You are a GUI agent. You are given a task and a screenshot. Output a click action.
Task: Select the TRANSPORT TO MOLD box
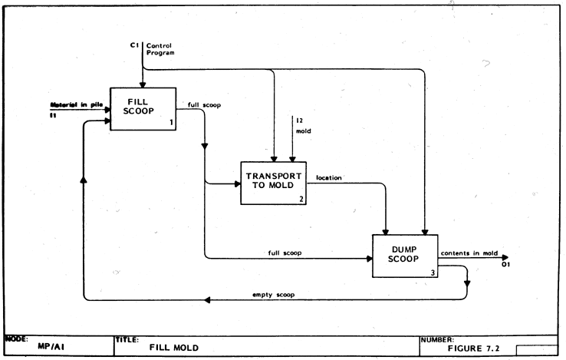coord(273,183)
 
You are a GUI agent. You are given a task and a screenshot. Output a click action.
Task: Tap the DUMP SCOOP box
coord(403,256)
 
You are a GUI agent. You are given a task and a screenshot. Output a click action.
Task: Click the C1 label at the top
coord(134,45)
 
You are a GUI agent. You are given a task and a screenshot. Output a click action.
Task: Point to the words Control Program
coord(161,50)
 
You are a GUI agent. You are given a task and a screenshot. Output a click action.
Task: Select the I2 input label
coord(298,121)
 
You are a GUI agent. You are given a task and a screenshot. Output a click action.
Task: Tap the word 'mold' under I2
coord(303,131)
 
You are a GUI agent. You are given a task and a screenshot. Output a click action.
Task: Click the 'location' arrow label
coord(328,177)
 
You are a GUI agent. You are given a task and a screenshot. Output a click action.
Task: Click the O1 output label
coord(505,266)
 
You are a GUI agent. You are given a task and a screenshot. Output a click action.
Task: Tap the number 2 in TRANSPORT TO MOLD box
coord(301,200)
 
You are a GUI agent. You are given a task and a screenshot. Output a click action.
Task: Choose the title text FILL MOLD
coord(173,348)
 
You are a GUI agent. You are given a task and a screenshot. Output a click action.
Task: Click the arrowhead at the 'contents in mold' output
coord(504,258)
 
